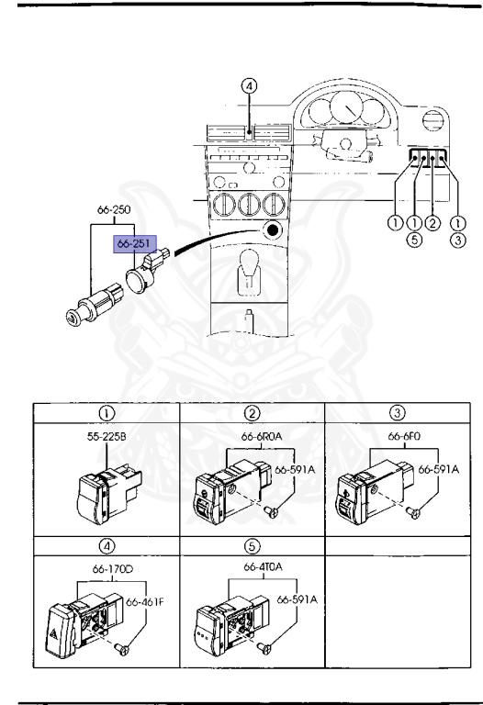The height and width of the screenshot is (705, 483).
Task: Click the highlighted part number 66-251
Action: [x=133, y=244]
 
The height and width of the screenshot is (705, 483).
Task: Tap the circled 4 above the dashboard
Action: [x=250, y=87]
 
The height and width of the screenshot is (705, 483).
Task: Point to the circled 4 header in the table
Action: [x=106, y=545]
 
